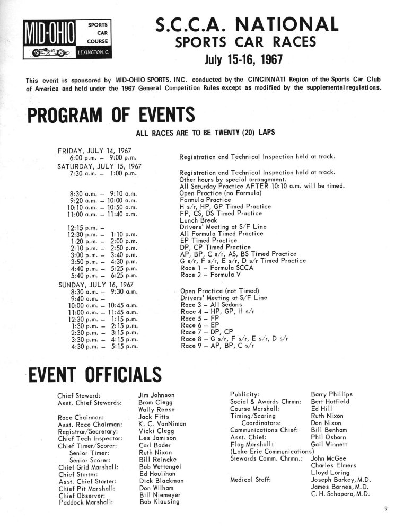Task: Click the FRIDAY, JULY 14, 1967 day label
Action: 94,151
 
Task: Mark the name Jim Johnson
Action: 156,395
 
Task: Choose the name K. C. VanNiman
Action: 163,425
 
